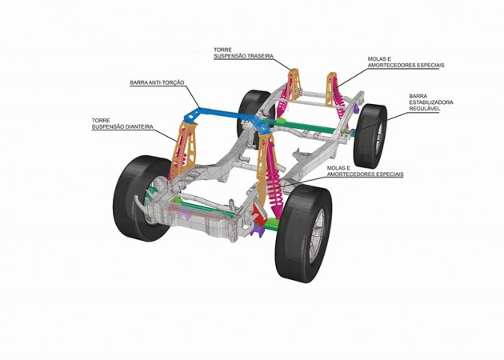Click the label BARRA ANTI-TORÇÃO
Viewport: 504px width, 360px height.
[x=157, y=82]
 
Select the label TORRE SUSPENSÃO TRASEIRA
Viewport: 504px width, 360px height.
[x=244, y=53]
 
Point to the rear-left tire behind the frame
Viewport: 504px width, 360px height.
[x=255, y=105]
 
